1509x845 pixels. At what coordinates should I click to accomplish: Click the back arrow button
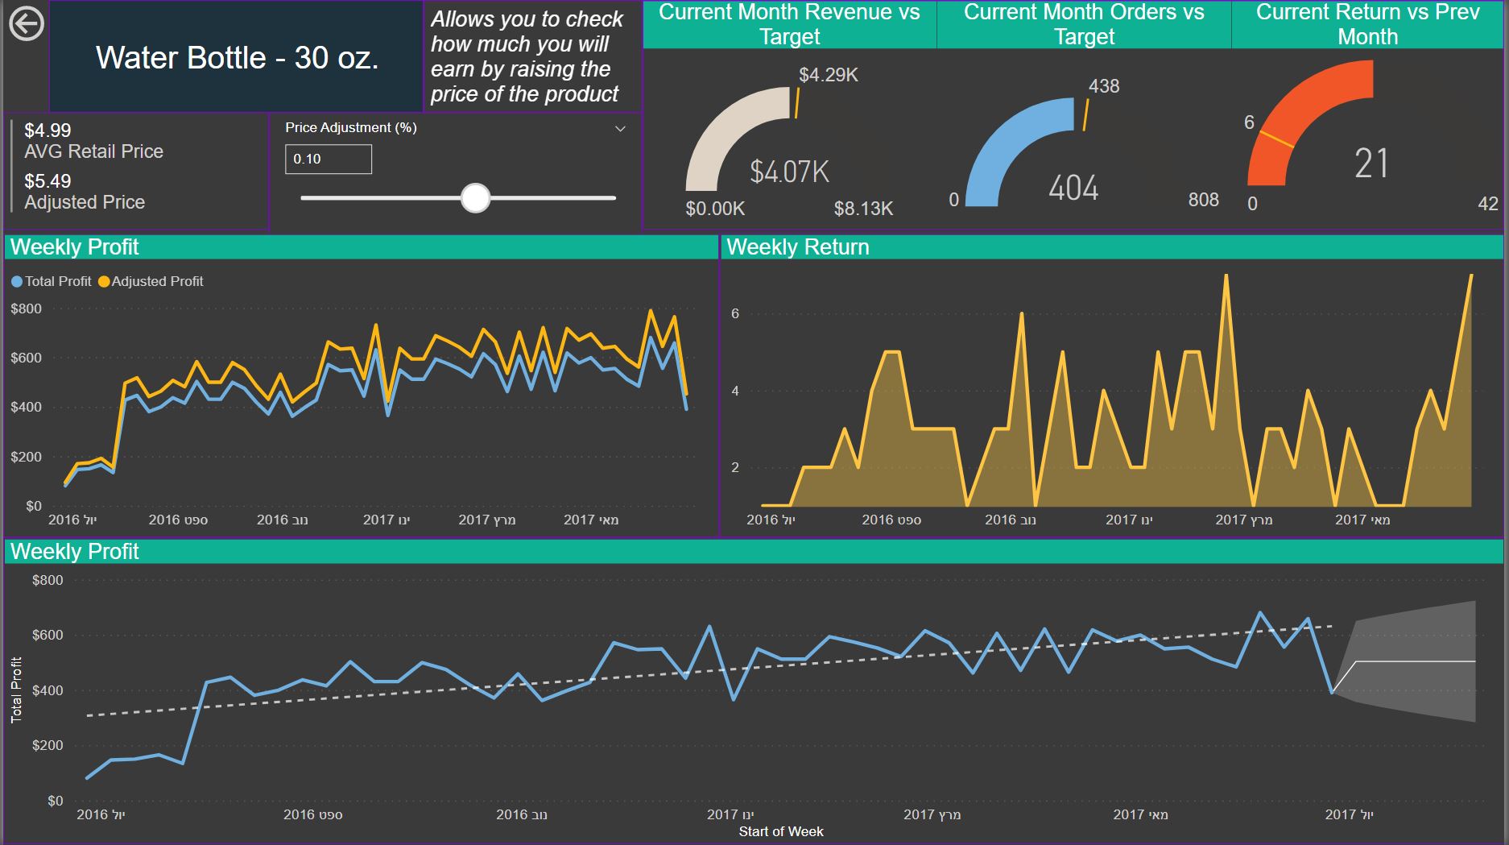coord(27,24)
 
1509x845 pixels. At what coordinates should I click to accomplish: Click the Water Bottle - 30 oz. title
coord(237,58)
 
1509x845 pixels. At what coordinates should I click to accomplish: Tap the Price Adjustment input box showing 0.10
coord(328,159)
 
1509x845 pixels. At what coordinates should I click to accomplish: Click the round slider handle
coord(475,197)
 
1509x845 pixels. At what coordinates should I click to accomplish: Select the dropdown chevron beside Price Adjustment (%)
coord(620,129)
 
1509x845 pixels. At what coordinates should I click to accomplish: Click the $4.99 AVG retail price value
coord(48,130)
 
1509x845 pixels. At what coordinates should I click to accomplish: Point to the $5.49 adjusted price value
coord(48,181)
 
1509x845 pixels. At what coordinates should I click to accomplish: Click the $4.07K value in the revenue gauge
coord(789,172)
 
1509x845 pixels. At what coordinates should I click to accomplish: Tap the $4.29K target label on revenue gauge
coord(828,75)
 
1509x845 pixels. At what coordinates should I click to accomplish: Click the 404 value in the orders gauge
coord(1073,188)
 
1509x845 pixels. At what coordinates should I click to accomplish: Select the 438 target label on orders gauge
coord(1103,86)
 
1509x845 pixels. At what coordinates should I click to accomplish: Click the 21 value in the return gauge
coord(1371,164)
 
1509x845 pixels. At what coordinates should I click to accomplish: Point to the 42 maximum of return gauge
coord(1487,204)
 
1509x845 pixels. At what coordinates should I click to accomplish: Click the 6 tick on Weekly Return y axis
coord(734,313)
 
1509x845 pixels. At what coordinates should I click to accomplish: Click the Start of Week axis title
coord(781,831)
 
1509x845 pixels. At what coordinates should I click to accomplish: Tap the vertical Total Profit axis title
coord(16,690)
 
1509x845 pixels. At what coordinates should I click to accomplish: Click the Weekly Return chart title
coord(797,247)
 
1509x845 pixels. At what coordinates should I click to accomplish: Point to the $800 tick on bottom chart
coord(48,580)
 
